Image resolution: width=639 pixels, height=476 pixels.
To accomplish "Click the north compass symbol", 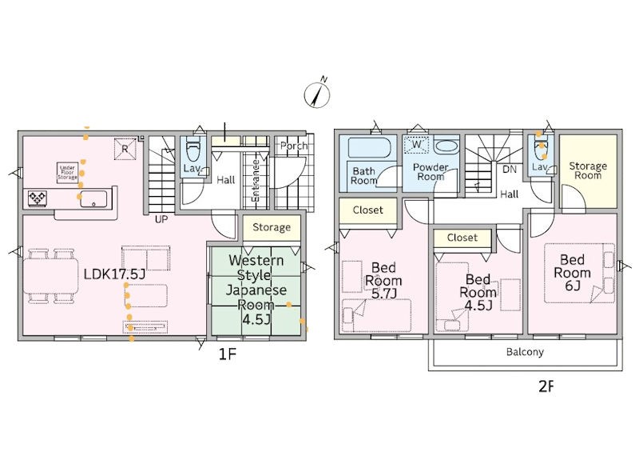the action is [x=317, y=94].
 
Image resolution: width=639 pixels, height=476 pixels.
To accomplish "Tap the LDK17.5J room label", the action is [x=114, y=274].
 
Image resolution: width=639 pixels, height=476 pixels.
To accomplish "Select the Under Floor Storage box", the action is [x=67, y=173].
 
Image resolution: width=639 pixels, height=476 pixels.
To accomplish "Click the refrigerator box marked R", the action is [x=125, y=148].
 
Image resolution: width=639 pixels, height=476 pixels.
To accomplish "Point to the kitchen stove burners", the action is [x=37, y=198].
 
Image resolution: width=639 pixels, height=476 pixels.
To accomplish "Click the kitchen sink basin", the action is [x=93, y=199].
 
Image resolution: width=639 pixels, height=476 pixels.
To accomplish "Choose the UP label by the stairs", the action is [x=161, y=219].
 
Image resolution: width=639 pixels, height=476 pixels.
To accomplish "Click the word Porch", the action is [x=294, y=146].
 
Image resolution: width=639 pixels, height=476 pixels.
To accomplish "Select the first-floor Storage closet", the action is [x=272, y=227].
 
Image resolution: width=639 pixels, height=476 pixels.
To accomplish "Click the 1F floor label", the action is [x=228, y=354].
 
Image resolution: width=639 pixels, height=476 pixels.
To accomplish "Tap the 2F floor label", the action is [x=546, y=386].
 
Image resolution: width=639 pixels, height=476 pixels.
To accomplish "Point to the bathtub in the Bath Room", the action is [x=370, y=147].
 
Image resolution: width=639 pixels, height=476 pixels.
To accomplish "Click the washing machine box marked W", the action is [x=416, y=145].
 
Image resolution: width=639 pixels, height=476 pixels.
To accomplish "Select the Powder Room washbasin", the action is [x=447, y=146].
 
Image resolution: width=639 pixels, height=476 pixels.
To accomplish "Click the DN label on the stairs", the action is [x=510, y=169].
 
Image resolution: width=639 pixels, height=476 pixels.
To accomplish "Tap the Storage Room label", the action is [x=588, y=170].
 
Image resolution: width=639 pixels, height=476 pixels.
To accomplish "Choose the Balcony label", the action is [x=525, y=352].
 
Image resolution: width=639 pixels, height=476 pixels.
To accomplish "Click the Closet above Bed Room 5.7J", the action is [x=367, y=210].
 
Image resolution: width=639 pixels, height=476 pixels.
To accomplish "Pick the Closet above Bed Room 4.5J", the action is [x=462, y=238].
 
